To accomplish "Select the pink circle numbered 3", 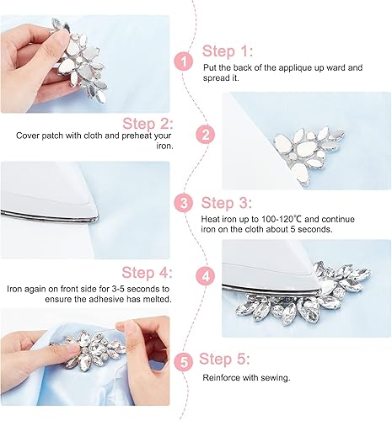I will pos(181,202).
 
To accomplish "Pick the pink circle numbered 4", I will pos(203,275).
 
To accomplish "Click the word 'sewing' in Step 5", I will pos(277,378).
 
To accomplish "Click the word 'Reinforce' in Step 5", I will pos(220,378).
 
